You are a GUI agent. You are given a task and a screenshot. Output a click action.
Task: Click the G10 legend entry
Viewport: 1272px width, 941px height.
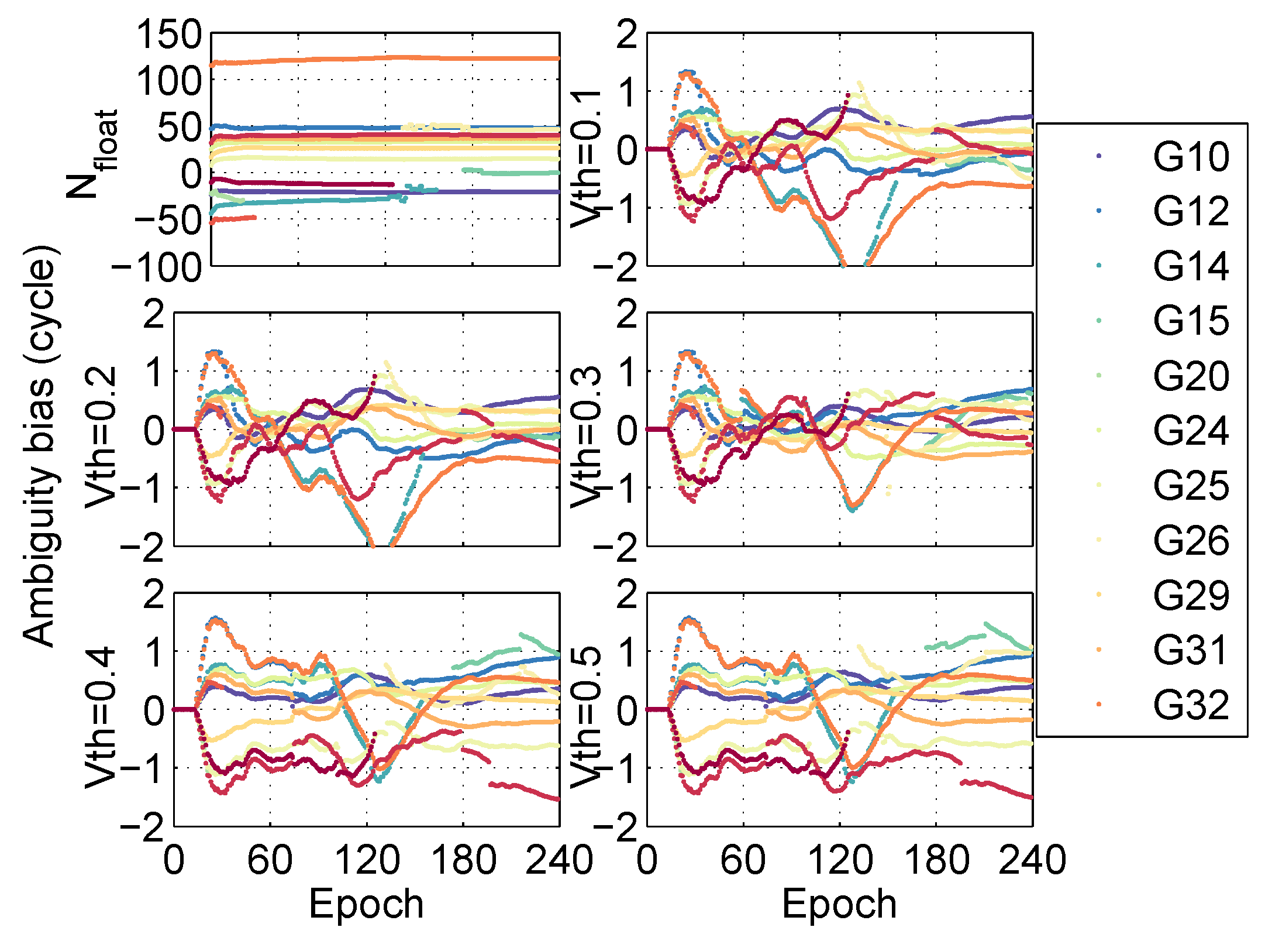[1191, 157]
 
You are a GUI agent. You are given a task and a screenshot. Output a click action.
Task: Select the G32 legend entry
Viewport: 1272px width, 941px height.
[1191, 705]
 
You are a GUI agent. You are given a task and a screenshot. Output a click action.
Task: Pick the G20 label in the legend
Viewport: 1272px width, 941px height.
[1191, 376]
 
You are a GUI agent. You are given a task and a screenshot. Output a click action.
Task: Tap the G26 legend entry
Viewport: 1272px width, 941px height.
[1191, 541]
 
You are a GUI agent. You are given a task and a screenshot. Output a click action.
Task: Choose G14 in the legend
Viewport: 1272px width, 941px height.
[1191, 266]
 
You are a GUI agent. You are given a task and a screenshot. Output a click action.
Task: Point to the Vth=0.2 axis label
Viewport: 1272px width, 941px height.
[101, 436]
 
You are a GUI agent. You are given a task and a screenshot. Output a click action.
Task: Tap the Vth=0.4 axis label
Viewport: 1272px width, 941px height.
[101, 717]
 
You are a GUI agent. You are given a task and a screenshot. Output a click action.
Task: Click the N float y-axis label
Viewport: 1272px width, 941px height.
[94, 153]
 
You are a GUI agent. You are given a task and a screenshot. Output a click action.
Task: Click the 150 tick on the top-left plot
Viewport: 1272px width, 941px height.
[169, 35]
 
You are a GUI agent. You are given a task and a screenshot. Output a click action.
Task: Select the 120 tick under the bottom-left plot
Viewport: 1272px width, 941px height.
[367, 861]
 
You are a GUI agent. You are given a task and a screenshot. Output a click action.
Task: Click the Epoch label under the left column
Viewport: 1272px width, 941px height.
[366, 904]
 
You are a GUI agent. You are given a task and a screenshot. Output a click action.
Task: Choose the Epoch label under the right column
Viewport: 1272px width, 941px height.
[839, 904]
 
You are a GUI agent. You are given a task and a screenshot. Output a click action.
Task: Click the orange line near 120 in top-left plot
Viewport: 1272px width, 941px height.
[380, 57]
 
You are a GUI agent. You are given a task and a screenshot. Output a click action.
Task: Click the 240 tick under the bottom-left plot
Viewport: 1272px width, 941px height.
[559, 861]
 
